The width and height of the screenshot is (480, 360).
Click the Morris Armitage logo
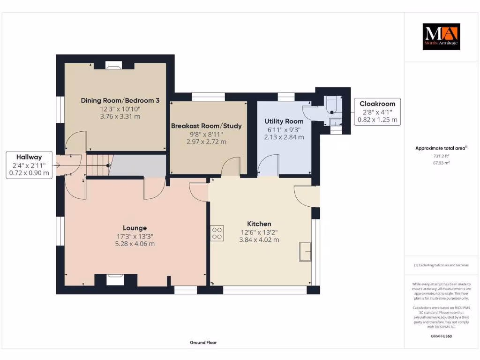tap(441, 37)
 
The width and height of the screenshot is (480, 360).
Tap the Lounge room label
tap(135, 228)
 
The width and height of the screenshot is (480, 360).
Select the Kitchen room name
tap(259, 224)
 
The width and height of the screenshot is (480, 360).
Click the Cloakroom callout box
tap(377, 112)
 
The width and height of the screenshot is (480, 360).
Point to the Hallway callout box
tap(29, 165)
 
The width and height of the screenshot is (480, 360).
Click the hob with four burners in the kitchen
tap(217, 233)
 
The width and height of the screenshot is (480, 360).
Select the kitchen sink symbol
tap(305, 252)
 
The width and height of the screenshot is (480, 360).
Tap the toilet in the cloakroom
tap(331, 105)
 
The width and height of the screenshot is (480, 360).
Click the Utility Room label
tap(284, 121)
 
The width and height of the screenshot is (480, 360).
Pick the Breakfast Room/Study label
tap(206, 126)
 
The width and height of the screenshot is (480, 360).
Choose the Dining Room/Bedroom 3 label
tap(120, 100)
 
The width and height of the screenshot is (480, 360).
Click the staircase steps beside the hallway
tap(98, 165)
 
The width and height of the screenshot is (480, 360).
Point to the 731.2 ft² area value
tap(441, 156)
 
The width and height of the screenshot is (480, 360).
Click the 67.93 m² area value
tap(441, 163)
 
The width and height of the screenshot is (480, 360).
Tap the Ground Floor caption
tap(203, 343)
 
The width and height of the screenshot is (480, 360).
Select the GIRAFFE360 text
tap(441, 336)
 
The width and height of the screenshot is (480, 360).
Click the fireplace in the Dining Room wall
tap(113, 65)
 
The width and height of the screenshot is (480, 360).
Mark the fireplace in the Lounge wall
tap(115, 280)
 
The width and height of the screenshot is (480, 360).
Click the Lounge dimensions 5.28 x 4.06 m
tap(135, 244)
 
